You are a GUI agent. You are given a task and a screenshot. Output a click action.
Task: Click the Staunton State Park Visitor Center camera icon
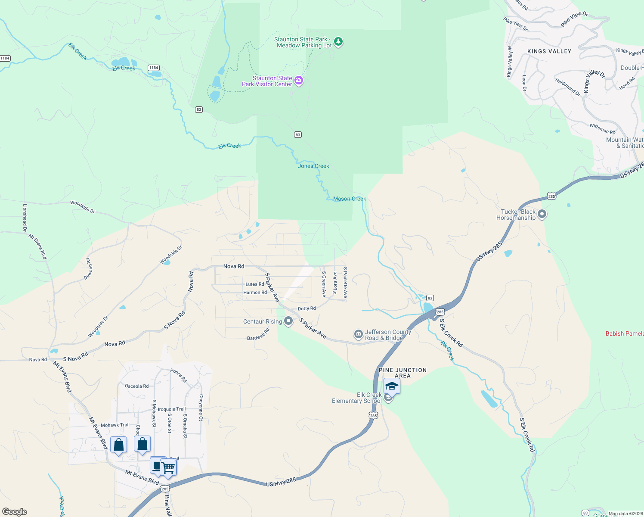coord(299,81)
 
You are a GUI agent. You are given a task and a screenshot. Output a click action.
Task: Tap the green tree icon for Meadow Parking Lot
coord(339,42)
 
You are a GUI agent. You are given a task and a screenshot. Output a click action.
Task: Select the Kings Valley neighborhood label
coord(549,51)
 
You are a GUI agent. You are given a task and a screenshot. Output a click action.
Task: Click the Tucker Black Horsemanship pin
coord(542,214)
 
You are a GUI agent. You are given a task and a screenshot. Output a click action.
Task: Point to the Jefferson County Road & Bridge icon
coord(358,334)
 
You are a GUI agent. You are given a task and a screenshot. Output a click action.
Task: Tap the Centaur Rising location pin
coord(288,321)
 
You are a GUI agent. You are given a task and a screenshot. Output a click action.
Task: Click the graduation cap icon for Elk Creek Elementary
coord(391,386)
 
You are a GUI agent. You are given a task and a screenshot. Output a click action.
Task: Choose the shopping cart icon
coord(168,467)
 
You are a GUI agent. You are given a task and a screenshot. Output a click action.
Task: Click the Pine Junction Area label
coord(402,373)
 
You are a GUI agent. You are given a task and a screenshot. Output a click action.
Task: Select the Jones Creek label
coord(313,166)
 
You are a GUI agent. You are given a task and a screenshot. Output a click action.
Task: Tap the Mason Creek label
coord(350,199)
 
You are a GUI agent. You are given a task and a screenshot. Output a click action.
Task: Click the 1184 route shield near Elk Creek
coord(154,68)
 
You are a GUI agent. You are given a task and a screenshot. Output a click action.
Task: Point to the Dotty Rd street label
coord(307,308)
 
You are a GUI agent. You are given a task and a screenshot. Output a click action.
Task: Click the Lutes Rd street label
coord(254,284)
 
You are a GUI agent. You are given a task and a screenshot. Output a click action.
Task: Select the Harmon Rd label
coord(255,293)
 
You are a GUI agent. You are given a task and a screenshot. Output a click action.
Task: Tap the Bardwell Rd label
coord(258,335)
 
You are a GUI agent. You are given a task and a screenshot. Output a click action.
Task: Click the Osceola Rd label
coord(136,386)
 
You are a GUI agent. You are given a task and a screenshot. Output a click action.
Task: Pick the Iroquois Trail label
coord(172,409)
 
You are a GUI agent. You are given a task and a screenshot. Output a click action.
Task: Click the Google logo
coord(14,512)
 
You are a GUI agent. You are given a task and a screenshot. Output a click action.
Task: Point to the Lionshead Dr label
coord(25,218)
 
